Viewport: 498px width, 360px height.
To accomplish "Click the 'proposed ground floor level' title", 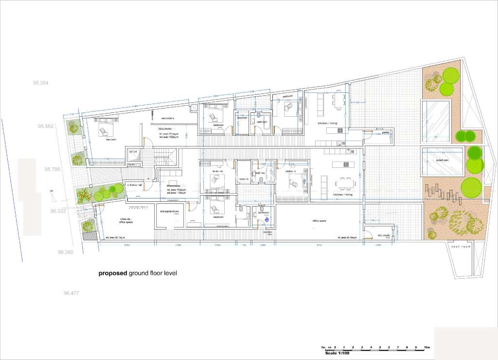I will coord(138,273).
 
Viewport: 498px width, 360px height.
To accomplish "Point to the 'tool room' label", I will coord(461,247).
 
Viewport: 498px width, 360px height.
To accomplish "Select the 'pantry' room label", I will coord(386,132).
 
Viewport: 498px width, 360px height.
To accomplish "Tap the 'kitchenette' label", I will coord(384,235).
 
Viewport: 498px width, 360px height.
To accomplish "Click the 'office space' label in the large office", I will coord(319,220).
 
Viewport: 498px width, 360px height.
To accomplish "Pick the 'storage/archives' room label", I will coord(170,212).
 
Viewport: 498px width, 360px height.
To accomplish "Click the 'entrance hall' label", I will coord(134,185).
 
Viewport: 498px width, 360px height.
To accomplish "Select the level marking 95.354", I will coord(41,83).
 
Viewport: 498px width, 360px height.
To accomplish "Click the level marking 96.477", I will coord(71,293).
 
